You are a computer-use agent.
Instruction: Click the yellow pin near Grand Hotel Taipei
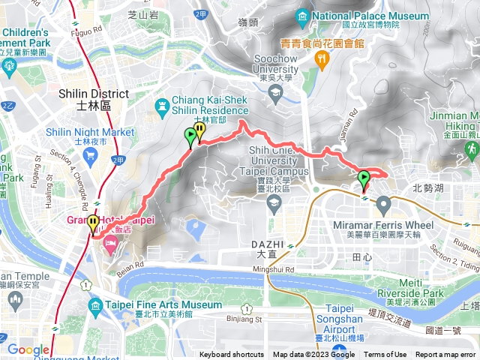(x=93, y=223)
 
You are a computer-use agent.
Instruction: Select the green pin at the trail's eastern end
(x=364, y=179)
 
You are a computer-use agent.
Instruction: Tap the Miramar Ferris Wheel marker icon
(x=383, y=203)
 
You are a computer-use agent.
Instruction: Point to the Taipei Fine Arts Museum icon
(x=95, y=305)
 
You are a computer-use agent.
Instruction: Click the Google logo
(x=28, y=349)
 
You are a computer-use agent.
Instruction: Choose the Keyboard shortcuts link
(x=231, y=355)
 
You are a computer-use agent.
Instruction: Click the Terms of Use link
(x=385, y=355)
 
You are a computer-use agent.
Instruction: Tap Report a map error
(x=446, y=355)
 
